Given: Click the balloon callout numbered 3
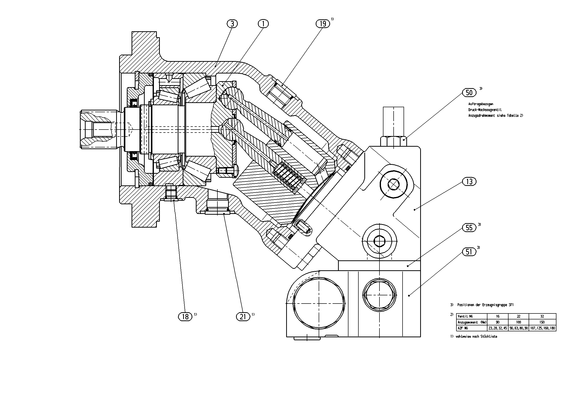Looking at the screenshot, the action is coord(232,24).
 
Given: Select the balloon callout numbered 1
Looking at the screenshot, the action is coord(263,24).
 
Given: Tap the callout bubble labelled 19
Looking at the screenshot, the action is coord(323,24).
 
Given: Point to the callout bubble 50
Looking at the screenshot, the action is coord(469,93).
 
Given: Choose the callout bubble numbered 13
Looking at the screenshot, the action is coord(469,182).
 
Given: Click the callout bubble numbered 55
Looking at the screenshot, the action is coord(469,228).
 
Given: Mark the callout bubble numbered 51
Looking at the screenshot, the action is coord(469,252).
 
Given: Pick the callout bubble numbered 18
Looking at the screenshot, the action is coord(185,317).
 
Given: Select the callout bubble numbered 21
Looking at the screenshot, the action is coord(243,317).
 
